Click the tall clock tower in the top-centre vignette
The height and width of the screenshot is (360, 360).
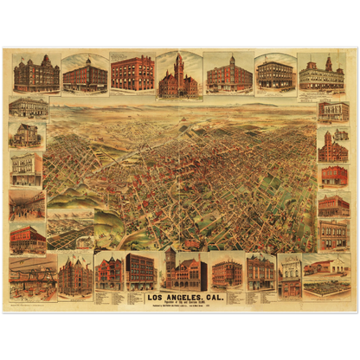coord(178,74)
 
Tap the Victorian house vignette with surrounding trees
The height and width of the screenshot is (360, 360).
coord(27,134)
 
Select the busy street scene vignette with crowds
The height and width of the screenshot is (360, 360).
coord(27,204)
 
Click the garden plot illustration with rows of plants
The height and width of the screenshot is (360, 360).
coord(326,286)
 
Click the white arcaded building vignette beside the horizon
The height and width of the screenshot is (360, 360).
coord(28,106)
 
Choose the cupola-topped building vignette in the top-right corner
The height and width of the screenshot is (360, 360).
coord(320,74)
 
